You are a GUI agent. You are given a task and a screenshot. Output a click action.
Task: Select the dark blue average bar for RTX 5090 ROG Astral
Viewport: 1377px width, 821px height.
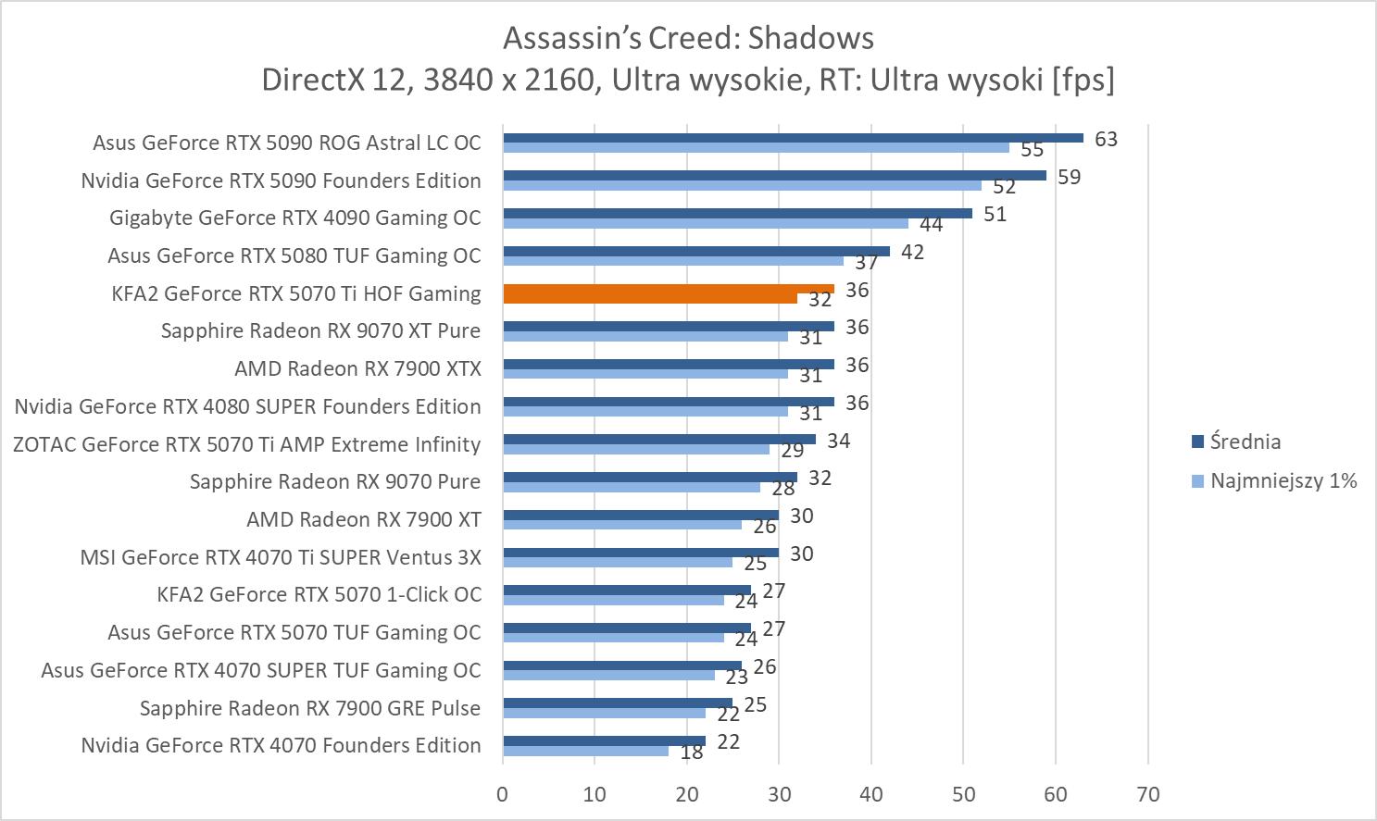[793, 138]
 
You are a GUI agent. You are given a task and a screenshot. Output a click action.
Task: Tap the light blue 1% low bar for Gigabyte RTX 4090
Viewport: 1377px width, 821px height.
[705, 223]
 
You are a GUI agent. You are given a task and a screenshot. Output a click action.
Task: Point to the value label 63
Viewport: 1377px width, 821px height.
[1106, 139]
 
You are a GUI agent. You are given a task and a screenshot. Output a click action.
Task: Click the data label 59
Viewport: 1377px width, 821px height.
[1069, 177]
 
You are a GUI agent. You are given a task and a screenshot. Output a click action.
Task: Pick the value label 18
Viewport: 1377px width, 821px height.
[691, 753]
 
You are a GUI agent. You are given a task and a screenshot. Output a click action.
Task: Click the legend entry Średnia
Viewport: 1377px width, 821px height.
[1245, 442]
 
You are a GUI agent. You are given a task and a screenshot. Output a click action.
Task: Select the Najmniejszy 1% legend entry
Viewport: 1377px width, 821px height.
[1283, 480]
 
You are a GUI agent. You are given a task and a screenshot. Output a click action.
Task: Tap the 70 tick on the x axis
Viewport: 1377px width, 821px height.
[1147, 794]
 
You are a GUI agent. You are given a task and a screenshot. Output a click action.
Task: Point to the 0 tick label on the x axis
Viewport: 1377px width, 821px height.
[503, 794]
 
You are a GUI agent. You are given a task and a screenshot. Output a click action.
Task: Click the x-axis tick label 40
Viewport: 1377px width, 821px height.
[871, 794]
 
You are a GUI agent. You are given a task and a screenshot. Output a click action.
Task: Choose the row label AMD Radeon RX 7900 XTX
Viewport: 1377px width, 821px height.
[357, 368]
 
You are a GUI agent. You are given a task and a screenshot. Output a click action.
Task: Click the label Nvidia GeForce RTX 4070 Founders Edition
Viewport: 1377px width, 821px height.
[281, 745]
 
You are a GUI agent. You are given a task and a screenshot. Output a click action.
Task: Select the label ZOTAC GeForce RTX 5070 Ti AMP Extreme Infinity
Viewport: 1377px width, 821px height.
[246, 444]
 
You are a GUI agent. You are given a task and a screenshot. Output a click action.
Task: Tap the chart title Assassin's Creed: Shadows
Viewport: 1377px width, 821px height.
[688, 38]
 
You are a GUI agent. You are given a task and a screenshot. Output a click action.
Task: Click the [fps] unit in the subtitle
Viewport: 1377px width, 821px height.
[1083, 80]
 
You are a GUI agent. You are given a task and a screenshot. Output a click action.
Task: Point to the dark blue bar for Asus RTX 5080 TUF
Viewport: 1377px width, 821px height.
[695, 251]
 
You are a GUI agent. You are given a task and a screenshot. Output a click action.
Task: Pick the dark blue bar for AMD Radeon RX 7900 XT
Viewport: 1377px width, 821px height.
[640, 516]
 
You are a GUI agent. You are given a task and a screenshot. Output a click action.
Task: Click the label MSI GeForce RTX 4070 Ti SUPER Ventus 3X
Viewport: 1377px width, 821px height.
[281, 557]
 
